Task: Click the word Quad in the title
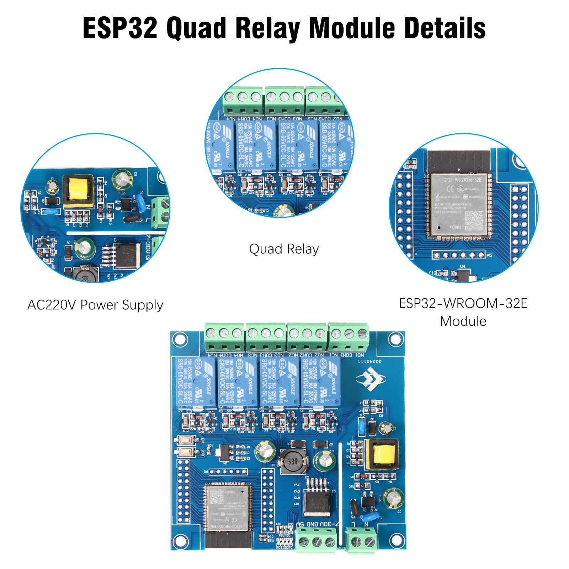tap(196, 28)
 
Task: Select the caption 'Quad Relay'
tap(284, 249)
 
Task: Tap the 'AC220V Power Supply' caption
tap(95, 305)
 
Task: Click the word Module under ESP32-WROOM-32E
tap(463, 321)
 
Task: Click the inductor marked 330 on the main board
tap(292, 462)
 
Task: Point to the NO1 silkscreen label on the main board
tap(359, 355)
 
